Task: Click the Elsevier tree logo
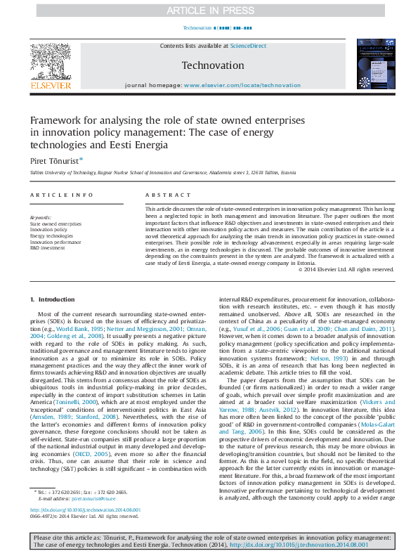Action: pos(50,62)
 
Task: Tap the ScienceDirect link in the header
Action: pos(249,45)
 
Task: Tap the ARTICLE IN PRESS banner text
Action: pos(209,10)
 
